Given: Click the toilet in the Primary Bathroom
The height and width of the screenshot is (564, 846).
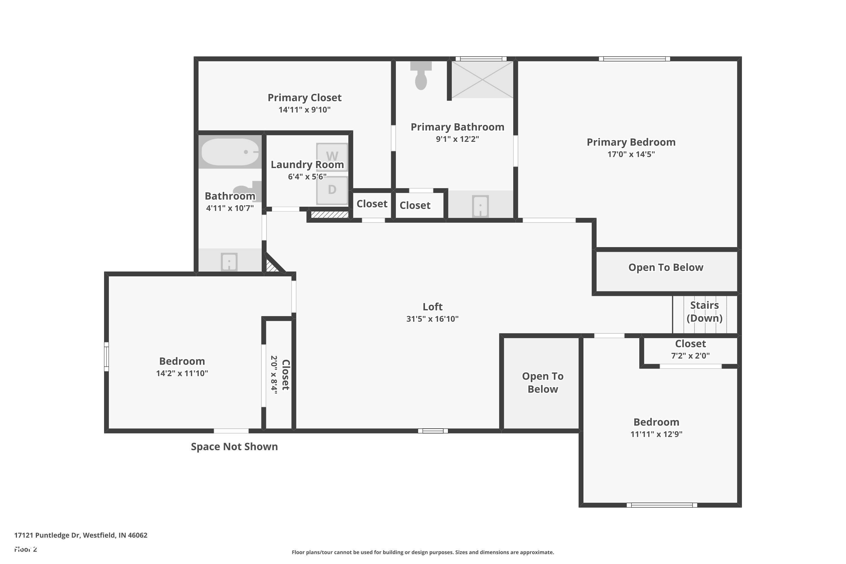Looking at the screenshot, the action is (x=421, y=75).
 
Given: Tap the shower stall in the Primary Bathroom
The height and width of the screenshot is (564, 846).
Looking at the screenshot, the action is (x=482, y=79).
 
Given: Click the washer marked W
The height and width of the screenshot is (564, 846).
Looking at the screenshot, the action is (x=332, y=157).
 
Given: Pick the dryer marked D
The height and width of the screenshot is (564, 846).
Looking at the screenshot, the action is (x=332, y=190).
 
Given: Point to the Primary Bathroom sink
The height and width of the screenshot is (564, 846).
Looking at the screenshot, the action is (x=480, y=206).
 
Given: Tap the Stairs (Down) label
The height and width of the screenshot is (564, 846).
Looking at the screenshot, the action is (x=704, y=312).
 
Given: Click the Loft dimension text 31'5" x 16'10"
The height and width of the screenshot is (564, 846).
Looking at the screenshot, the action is (x=432, y=319).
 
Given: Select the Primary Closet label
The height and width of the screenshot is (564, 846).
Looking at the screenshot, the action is (x=304, y=98).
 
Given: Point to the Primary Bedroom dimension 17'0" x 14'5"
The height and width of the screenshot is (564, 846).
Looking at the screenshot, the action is (x=631, y=154).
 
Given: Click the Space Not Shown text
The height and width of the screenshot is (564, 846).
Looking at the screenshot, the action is (x=234, y=446).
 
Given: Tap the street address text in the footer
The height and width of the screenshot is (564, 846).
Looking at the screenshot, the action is (x=81, y=535).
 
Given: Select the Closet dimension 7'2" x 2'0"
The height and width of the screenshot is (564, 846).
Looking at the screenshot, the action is (x=690, y=356).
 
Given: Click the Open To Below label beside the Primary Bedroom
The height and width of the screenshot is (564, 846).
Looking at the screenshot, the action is (x=666, y=267).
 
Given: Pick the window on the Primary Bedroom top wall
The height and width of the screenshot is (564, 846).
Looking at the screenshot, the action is (x=634, y=59).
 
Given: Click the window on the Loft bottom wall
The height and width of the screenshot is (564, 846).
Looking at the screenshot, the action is (x=433, y=431).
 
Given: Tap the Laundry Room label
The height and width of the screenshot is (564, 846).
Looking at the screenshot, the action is (x=307, y=164).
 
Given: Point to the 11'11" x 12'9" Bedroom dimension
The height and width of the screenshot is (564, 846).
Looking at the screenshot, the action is (x=656, y=434).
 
